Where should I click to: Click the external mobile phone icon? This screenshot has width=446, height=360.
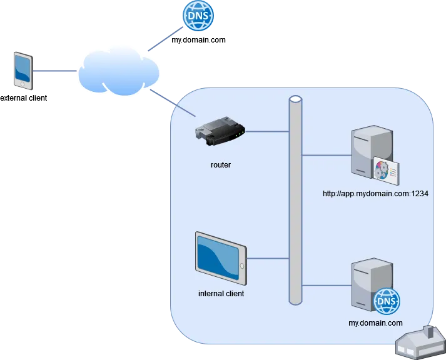(23, 70)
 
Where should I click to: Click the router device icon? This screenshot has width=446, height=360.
(220, 133)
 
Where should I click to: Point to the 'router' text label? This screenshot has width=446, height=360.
(220, 166)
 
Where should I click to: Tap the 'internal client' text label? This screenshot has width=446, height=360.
(221, 293)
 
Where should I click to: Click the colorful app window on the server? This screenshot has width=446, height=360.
(386, 170)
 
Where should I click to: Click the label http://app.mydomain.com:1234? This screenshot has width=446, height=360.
(375, 194)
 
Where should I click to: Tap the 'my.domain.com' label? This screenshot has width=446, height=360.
(375, 323)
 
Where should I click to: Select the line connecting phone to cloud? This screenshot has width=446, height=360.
(54, 72)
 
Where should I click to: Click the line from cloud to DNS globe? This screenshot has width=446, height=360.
(163, 42)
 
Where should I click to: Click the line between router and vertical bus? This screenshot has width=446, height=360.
(268, 132)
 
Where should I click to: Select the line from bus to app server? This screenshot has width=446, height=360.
(326, 154)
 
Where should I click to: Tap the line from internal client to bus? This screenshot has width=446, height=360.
(268, 257)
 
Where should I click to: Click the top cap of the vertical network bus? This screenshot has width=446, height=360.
(296, 99)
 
